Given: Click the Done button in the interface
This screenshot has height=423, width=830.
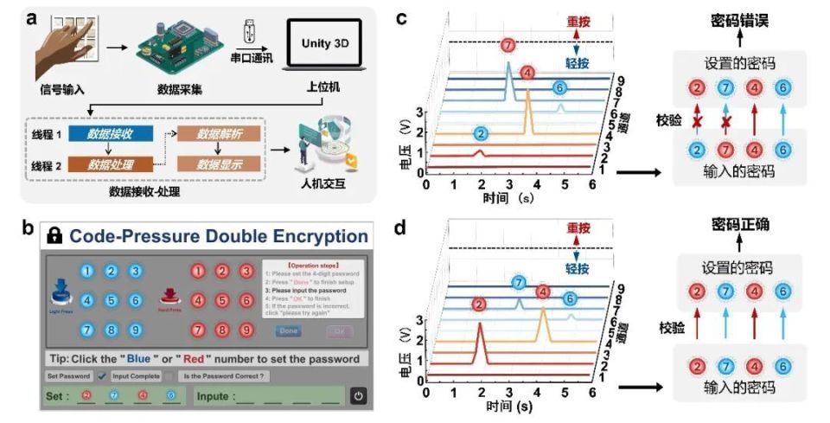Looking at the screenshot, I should pyautogui.click(x=288, y=331).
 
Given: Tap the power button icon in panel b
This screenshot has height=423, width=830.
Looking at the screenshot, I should pyautogui.click(x=359, y=396).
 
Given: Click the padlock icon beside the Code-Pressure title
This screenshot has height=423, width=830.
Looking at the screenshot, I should pyautogui.click(x=54, y=235).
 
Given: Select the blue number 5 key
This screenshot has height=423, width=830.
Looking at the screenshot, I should pyautogui.click(x=112, y=301).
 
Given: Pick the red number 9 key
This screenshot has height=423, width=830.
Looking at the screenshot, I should pyautogui.click(x=246, y=330).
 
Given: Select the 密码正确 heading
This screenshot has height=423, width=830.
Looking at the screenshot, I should pyautogui.click(x=740, y=226).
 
